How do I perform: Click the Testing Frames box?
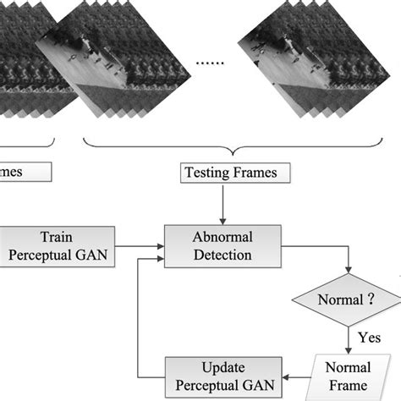pos(235,174)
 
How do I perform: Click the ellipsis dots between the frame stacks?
pos(209,63)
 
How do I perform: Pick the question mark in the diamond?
pos(372,299)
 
